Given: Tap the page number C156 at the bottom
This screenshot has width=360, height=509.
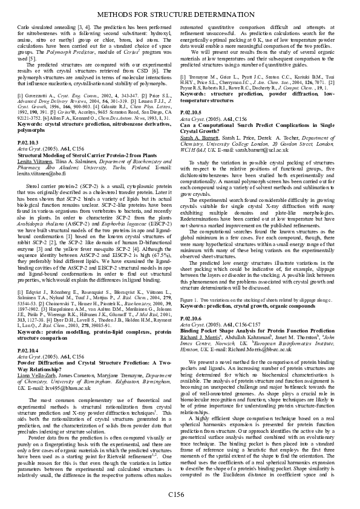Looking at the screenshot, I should coord(175,494).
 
